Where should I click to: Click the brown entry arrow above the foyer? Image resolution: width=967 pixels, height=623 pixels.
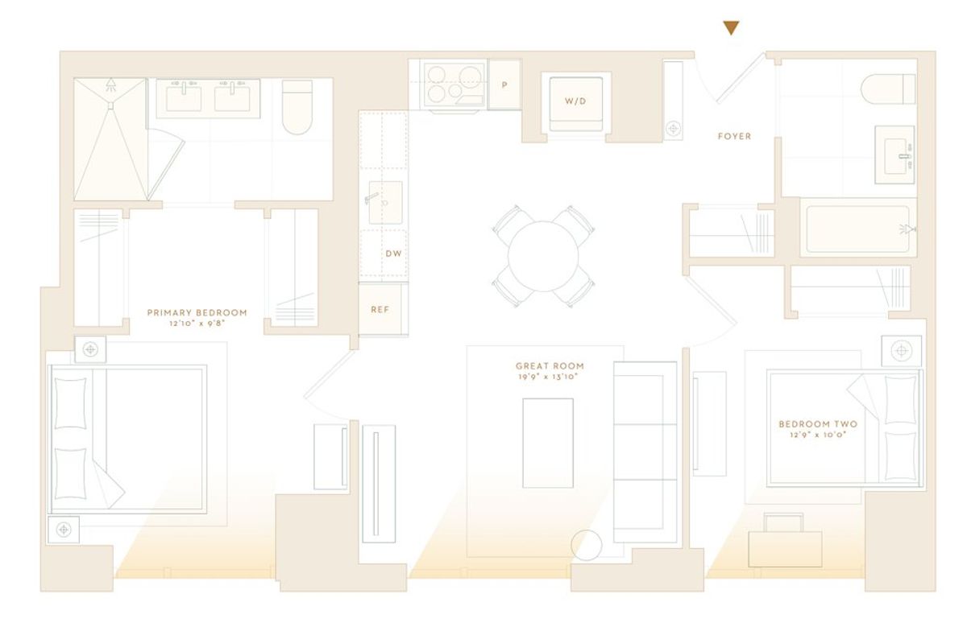point(732,27)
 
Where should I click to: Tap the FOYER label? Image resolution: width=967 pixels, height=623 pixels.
point(734,136)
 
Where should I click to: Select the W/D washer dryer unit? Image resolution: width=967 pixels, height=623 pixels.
point(576,104)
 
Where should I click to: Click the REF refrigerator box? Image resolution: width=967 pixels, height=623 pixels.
point(380,309)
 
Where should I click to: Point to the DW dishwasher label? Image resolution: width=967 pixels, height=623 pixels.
point(393,254)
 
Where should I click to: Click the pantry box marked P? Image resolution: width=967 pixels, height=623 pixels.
point(504,85)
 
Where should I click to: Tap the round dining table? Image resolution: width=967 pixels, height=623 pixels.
point(543,256)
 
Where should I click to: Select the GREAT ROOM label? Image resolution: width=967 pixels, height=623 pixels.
point(550,365)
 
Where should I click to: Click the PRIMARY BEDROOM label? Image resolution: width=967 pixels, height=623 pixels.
point(197,312)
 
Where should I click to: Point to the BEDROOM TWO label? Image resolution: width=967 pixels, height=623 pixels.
point(818,424)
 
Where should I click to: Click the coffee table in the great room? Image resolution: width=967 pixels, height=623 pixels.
point(548,443)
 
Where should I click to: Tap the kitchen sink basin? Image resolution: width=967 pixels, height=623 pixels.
point(385,202)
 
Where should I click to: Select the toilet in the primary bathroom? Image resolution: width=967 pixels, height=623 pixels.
point(297,107)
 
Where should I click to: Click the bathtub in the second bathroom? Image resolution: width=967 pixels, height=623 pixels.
point(857,229)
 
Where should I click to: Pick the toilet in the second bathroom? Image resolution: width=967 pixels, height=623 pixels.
point(888,89)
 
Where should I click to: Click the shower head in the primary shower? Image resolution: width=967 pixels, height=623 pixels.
point(111,84)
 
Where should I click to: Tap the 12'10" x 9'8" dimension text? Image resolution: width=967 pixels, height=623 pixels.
point(197,324)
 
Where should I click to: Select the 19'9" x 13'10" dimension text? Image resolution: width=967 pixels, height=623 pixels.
point(548,377)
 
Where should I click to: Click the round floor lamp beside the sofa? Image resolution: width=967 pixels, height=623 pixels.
point(587,545)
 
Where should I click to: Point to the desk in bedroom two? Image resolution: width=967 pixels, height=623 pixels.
point(785,549)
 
